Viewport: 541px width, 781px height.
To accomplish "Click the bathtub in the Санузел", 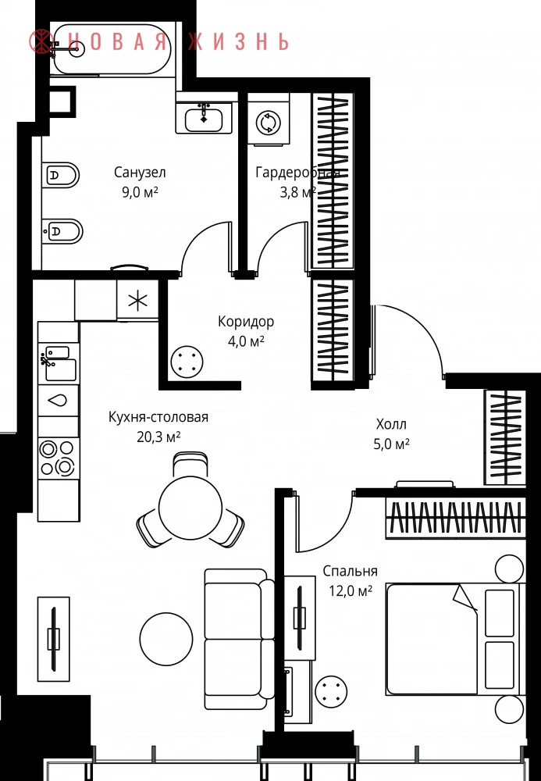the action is pyautogui.click(x=112, y=49).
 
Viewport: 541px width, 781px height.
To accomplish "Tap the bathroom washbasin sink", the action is pyautogui.click(x=204, y=118).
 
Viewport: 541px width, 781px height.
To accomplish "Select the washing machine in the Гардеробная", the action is pyautogui.click(x=269, y=122).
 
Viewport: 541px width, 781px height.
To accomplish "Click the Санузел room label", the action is pyautogui.click(x=140, y=173).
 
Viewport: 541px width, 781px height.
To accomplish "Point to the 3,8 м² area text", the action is pyautogui.click(x=297, y=192).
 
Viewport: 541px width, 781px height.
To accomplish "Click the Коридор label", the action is pyautogui.click(x=246, y=322).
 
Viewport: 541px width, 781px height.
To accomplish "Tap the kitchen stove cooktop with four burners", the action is pyautogui.click(x=59, y=457).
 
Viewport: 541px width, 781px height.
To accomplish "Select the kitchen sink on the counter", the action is pyautogui.click(x=59, y=364).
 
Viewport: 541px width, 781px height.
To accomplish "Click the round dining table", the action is pyautogui.click(x=190, y=508).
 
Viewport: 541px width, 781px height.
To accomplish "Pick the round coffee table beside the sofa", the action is pyautogui.click(x=166, y=639).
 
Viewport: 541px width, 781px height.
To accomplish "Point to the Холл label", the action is pyautogui.click(x=391, y=424).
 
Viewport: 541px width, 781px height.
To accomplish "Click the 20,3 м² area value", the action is pyautogui.click(x=158, y=437).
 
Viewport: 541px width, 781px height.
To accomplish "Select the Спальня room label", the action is pyautogui.click(x=350, y=571).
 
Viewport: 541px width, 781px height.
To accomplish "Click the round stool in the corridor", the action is pyautogui.click(x=187, y=362).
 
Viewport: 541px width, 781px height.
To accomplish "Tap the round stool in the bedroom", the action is pyautogui.click(x=332, y=690).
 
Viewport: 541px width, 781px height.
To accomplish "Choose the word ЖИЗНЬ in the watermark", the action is pyautogui.click(x=239, y=41).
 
